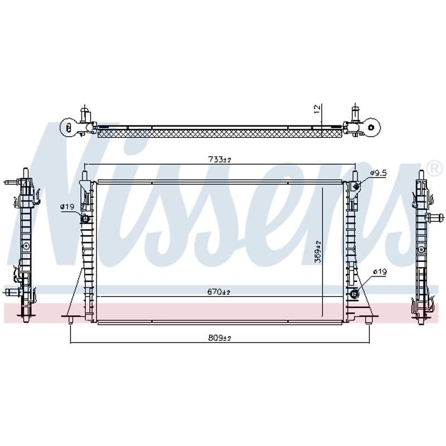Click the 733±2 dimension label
(220, 159)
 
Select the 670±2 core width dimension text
(219, 292)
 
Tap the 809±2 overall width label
(220, 338)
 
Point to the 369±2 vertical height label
(318, 251)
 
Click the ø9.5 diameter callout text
(379, 173)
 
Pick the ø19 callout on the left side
(67, 207)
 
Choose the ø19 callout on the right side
(380, 272)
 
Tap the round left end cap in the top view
(67, 127)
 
